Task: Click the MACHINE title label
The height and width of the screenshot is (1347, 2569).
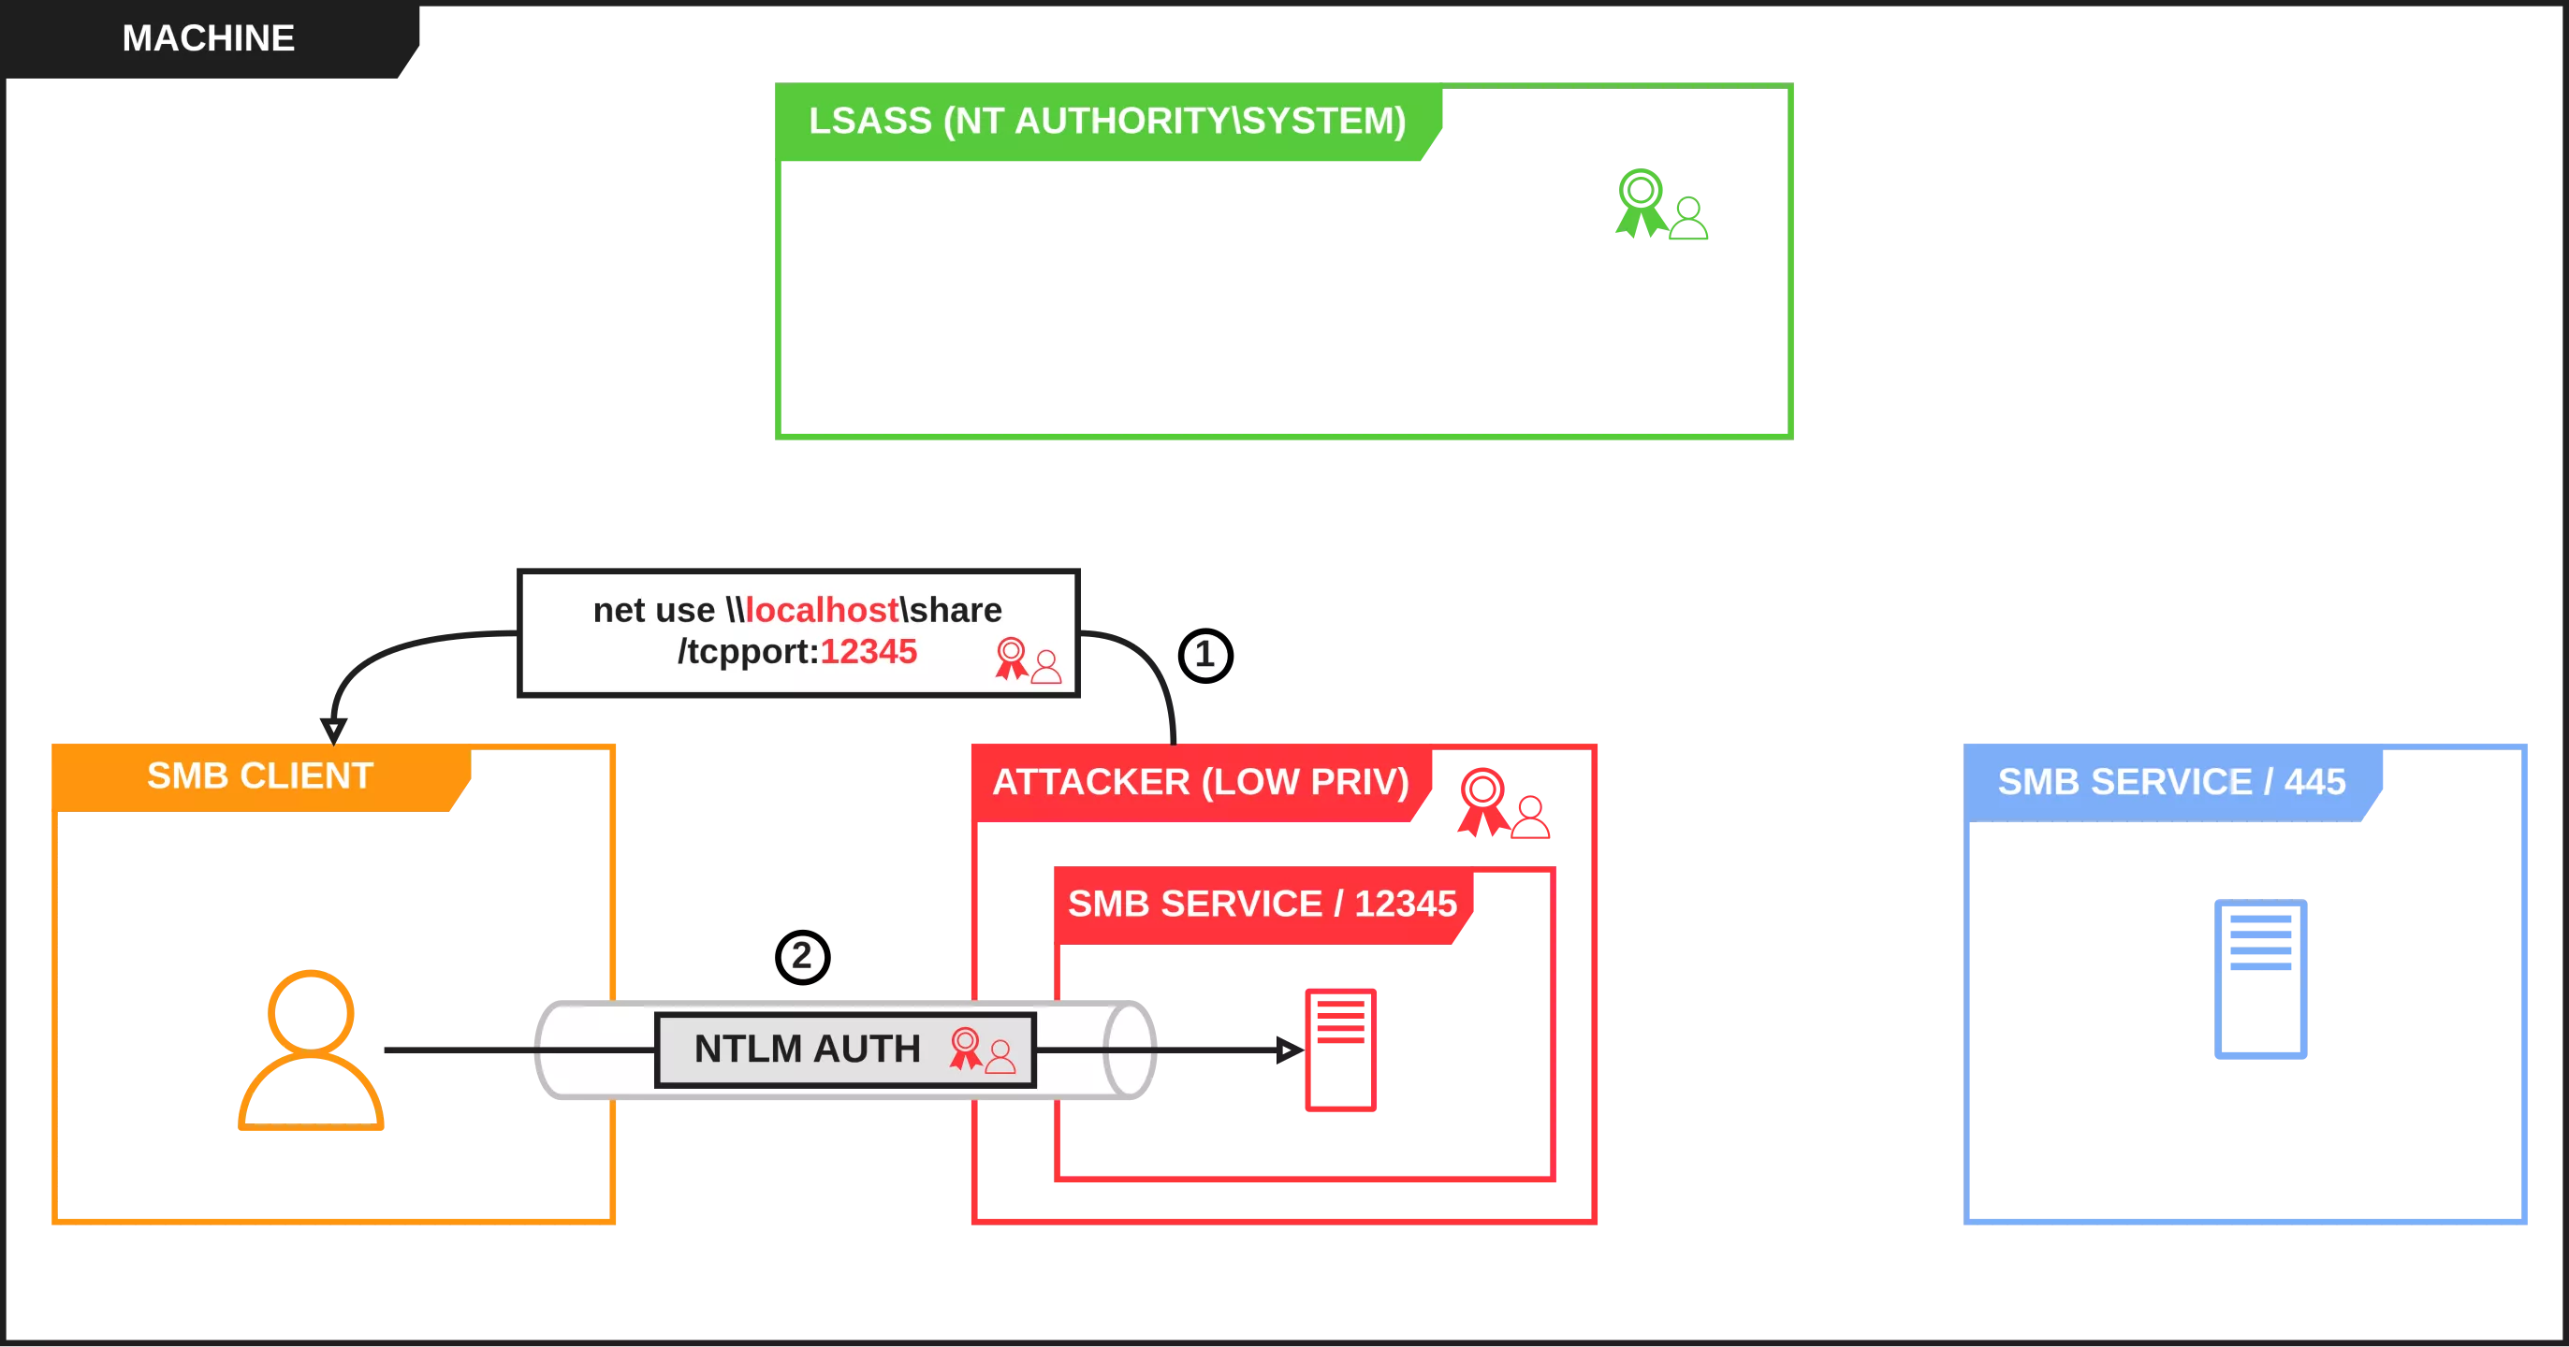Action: [208, 38]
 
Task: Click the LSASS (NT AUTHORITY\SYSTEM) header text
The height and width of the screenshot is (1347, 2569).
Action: [1106, 121]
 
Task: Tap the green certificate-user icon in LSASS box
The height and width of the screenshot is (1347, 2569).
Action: [1660, 206]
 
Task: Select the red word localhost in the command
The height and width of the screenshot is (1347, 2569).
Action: [822, 609]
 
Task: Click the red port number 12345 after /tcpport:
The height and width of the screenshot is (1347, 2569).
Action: [868, 651]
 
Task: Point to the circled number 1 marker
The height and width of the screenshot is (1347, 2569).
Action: [1204, 655]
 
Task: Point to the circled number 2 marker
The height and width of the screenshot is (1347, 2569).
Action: [801, 957]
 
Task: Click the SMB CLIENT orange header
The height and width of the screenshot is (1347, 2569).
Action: [259, 775]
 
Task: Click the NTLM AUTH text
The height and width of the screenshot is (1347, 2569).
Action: [807, 1049]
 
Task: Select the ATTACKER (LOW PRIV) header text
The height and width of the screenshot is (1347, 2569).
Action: [1200, 782]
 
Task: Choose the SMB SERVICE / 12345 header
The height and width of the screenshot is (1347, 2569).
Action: [1262, 904]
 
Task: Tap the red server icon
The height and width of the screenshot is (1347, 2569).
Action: [1339, 1050]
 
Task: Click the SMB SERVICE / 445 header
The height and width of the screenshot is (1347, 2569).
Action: [2170, 782]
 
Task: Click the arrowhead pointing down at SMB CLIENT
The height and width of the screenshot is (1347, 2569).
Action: [333, 724]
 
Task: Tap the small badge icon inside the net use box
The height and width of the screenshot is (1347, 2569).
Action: [1028, 660]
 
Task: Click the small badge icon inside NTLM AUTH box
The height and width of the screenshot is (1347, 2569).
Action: [982, 1050]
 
